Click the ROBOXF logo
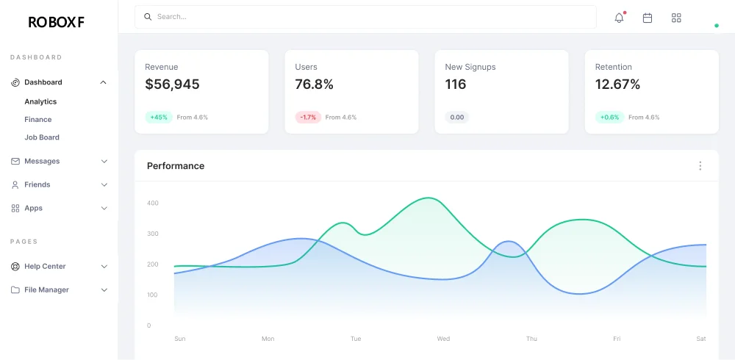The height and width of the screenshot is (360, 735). click(56, 22)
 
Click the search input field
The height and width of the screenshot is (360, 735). click(367, 17)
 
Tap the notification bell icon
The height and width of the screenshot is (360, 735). click(619, 18)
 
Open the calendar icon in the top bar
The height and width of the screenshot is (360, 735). click(648, 18)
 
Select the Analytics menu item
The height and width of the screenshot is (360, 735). click(40, 101)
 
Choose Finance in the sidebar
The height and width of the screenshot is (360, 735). click(38, 119)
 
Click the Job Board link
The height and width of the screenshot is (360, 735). click(42, 137)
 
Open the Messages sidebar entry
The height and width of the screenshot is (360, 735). click(42, 161)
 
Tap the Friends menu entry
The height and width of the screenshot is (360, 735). click(37, 184)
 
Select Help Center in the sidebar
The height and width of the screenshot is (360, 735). click(45, 266)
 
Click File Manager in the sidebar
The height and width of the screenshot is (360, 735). click(46, 289)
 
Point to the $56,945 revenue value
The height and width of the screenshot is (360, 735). click(172, 84)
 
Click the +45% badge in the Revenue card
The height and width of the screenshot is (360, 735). click(159, 117)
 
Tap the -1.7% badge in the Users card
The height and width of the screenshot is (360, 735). click(309, 117)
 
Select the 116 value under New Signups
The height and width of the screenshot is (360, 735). click(456, 84)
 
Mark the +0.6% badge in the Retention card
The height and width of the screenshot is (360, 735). click(609, 117)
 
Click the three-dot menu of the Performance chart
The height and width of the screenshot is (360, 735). click(700, 166)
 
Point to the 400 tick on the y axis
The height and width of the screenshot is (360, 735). click(153, 203)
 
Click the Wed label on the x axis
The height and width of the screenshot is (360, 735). click(443, 339)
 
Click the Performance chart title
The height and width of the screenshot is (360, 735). click(176, 166)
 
